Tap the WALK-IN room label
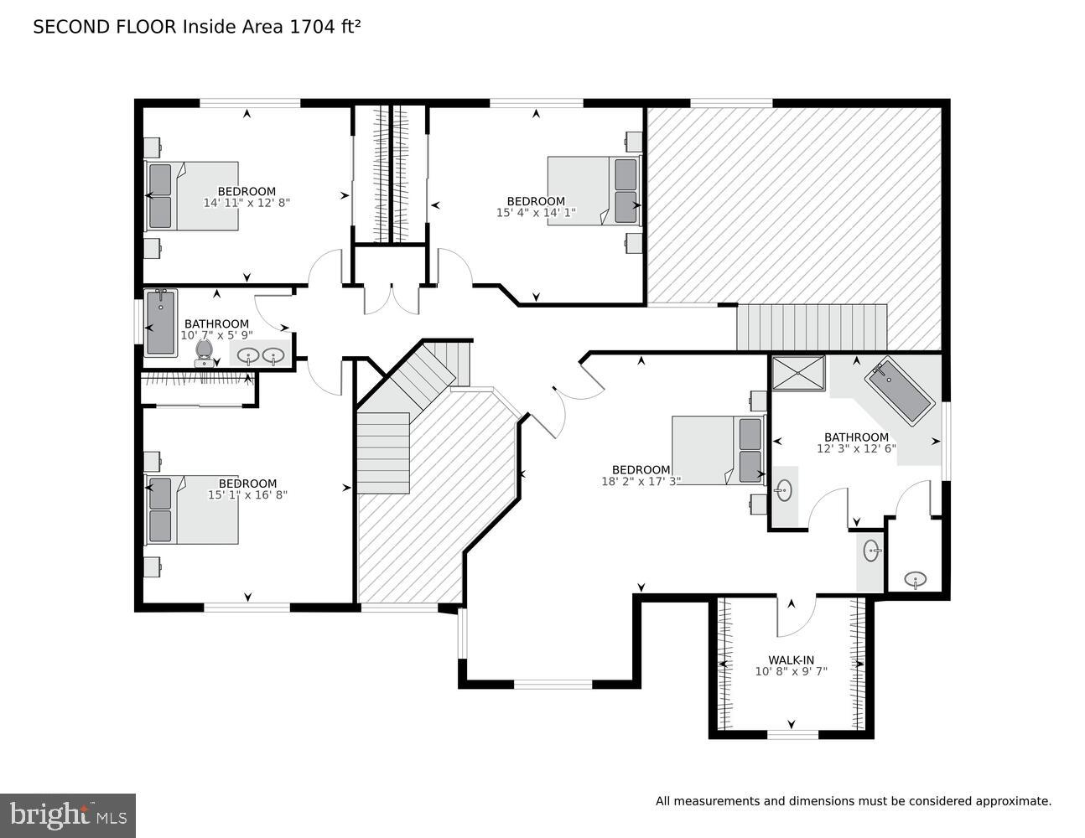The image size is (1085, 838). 791,660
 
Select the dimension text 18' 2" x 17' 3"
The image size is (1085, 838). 641,481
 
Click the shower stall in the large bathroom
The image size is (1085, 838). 797,373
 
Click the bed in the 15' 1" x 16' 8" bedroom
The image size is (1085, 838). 192,510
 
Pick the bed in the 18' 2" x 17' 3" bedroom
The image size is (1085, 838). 717,450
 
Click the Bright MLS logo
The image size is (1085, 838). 67,815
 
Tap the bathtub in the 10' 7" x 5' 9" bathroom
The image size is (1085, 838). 159,323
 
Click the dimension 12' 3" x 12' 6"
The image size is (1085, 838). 856,448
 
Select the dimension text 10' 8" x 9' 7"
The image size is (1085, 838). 791,671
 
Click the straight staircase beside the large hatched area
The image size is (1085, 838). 811,328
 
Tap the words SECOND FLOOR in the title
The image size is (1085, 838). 105,27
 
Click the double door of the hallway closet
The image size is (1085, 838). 391,300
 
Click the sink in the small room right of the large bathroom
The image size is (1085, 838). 915,579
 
